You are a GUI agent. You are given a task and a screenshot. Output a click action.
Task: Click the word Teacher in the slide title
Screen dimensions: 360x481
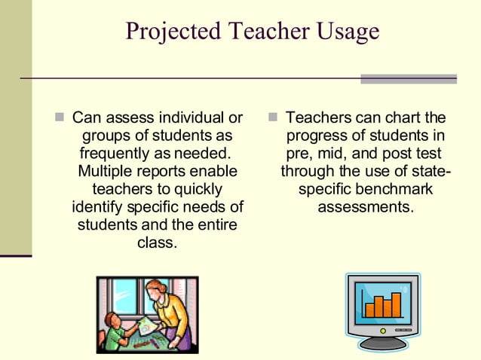click(262, 31)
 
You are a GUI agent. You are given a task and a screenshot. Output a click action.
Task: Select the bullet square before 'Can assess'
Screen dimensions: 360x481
click(60, 118)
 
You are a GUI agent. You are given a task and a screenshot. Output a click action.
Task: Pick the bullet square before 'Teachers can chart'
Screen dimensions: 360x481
click(273, 118)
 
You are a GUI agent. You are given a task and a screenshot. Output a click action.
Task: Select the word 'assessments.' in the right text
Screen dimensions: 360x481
click(366, 206)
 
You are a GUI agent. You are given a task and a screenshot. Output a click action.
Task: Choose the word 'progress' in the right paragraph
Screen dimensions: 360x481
click(313, 136)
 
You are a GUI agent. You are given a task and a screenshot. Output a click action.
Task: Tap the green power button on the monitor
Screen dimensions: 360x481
click(383, 329)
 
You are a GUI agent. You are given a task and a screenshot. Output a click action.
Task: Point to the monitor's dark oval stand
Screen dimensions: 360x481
click(383, 343)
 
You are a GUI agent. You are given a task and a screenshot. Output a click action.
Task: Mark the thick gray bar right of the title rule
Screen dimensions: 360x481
click(408, 78)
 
